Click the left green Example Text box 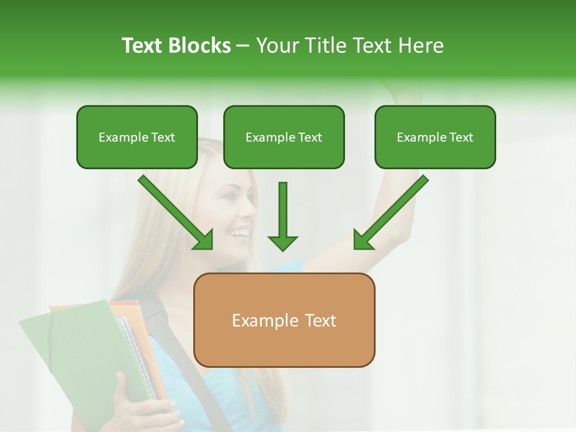point(137,137)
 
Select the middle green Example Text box point(284,137)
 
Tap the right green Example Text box point(435,137)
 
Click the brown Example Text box point(284,320)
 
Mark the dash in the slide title point(243,46)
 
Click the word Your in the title point(280,46)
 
